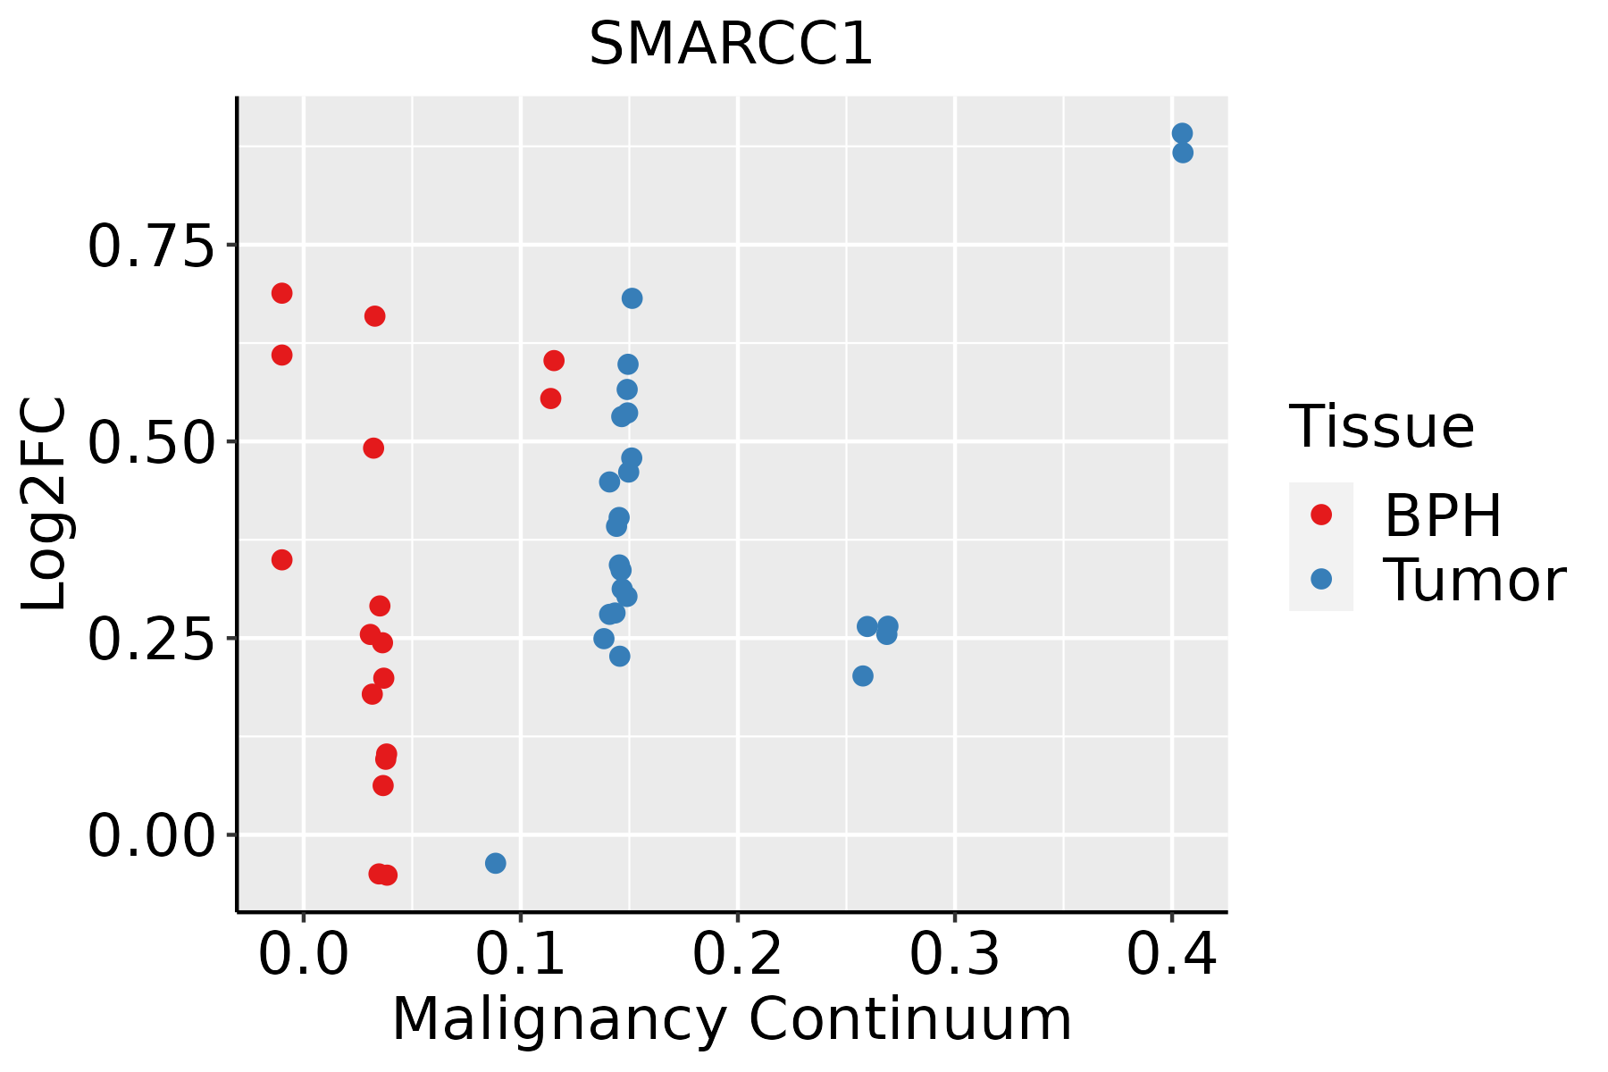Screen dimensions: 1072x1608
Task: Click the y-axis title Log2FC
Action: [45, 505]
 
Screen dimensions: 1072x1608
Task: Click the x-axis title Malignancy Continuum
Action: [731, 1019]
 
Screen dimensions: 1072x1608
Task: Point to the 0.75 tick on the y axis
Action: [152, 246]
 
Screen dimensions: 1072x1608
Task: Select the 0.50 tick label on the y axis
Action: [152, 442]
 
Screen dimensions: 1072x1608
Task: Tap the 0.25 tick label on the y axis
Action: [152, 639]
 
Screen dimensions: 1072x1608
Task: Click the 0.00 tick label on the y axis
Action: [152, 835]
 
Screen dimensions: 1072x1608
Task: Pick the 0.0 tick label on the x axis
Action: [304, 955]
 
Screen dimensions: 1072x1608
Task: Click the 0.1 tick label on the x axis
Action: [521, 955]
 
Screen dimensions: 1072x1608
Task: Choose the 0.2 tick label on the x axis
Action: [738, 955]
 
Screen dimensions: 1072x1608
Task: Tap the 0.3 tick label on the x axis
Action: [955, 955]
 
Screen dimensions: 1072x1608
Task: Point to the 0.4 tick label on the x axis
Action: [1171, 955]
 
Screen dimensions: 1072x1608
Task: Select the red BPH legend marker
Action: [1320, 515]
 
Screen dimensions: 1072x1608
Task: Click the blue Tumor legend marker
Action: [1320, 579]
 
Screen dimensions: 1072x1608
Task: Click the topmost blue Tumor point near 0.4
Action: [1182, 134]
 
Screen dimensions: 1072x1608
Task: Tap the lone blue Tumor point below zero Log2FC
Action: [495, 863]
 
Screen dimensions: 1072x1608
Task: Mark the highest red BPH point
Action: [281, 293]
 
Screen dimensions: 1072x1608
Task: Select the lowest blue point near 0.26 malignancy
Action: [862, 676]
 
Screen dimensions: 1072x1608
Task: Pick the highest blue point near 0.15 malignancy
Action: [632, 298]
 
